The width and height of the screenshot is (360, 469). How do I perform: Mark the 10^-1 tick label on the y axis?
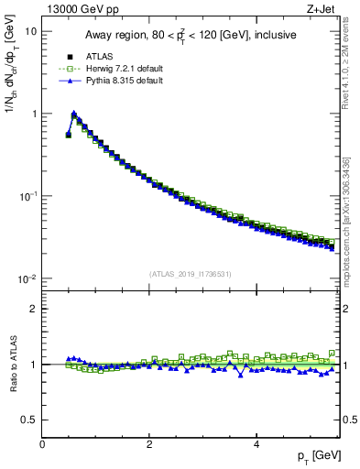click(x=27, y=196)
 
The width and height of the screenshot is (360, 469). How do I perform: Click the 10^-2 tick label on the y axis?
click(x=27, y=278)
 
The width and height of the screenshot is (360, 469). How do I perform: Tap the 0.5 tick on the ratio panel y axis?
click(x=30, y=420)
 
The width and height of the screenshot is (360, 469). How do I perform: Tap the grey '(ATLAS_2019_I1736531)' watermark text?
click(x=191, y=273)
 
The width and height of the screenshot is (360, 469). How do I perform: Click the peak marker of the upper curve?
click(x=74, y=115)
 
